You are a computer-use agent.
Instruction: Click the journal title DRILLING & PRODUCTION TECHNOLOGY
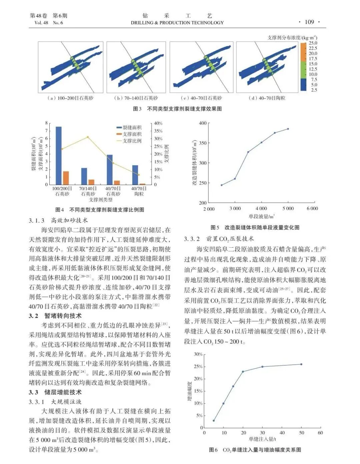click(177, 23)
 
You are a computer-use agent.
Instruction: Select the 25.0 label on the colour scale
click(313, 43)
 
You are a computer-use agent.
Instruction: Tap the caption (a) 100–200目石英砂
click(70, 98)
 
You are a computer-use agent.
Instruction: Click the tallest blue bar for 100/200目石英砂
click(58, 155)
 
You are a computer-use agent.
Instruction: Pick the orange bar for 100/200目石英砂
click(66, 178)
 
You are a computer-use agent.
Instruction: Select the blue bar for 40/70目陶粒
click(135, 175)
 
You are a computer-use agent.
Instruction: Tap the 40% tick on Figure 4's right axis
click(158, 123)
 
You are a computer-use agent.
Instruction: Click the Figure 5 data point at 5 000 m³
click(288, 129)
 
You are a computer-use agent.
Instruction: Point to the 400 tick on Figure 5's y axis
click(202, 123)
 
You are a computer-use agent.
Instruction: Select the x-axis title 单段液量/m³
click(261, 216)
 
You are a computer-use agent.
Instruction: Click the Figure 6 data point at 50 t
click(301, 364)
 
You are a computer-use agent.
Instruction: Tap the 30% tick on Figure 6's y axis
click(198, 354)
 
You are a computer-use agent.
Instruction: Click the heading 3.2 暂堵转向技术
click(55, 316)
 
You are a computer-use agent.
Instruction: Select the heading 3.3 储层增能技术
click(55, 392)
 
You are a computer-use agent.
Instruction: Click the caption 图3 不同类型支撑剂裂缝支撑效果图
click(177, 109)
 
